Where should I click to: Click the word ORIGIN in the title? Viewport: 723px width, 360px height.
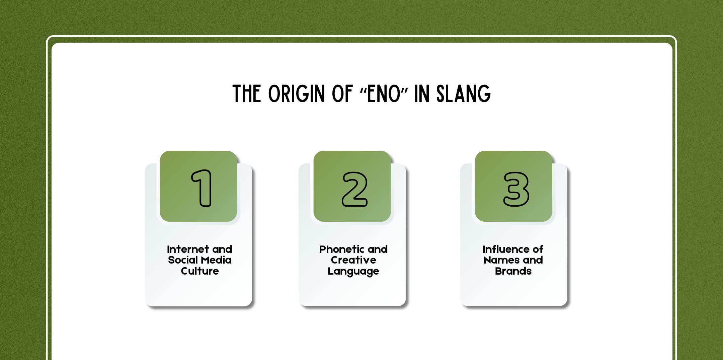click(x=296, y=94)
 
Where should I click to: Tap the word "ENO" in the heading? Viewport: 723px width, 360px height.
click(x=384, y=94)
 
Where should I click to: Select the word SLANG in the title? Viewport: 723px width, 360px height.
click(x=464, y=94)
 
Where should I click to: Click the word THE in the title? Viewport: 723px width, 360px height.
click(x=247, y=94)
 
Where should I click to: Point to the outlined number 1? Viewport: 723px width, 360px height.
click(x=202, y=188)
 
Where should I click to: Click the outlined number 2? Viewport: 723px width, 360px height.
click(x=354, y=189)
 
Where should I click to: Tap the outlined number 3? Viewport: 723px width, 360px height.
click(x=516, y=189)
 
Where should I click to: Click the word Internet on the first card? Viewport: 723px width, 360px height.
click(x=188, y=249)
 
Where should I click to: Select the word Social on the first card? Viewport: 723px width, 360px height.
click(x=183, y=260)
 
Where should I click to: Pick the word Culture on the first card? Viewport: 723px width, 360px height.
click(x=200, y=271)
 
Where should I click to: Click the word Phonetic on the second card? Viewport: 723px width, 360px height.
click(x=341, y=249)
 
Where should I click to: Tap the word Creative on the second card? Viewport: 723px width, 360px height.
click(x=353, y=260)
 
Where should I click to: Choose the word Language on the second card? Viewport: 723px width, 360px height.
click(x=353, y=271)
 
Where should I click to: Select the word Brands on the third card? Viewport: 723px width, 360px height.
click(x=513, y=271)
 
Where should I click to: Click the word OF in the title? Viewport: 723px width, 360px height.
click(x=342, y=94)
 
